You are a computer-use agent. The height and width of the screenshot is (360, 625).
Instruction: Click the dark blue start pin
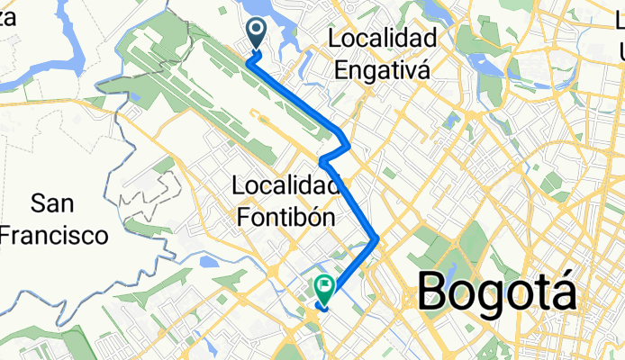(x=256, y=33)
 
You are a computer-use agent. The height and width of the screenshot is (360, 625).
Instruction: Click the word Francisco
(x=54, y=236)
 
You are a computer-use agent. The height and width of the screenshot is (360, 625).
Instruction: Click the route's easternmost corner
(x=376, y=238)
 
